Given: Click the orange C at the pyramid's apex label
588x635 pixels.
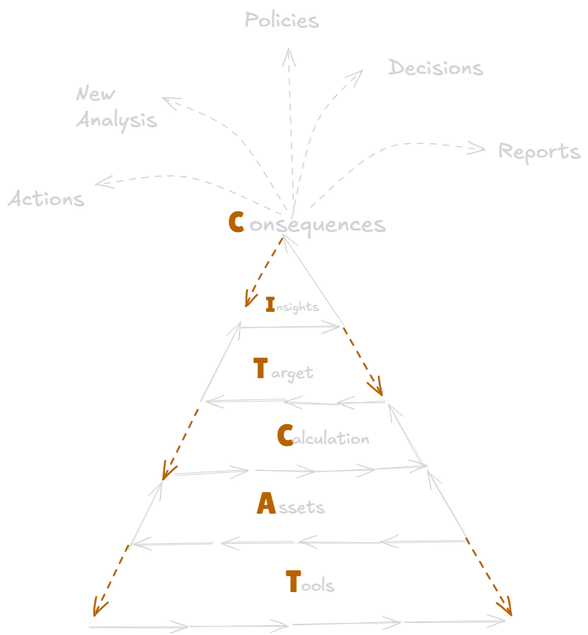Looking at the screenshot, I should (235, 223).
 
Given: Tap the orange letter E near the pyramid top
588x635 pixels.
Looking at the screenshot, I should (272, 304).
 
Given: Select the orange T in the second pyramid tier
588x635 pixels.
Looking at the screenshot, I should (260, 369).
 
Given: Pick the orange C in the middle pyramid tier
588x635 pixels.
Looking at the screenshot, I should (285, 436).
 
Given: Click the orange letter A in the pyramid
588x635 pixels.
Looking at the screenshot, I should (264, 504).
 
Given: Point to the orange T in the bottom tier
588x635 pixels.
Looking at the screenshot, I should (294, 582).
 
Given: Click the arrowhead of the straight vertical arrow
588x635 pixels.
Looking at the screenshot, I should (286, 60).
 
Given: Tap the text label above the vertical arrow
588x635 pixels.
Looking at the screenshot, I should (280, 20).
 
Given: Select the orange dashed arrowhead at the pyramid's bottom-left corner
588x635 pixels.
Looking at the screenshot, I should (96, 606).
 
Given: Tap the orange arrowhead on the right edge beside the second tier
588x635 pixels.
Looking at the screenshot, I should (377, 388).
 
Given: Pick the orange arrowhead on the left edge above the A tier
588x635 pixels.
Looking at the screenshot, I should (167, 473).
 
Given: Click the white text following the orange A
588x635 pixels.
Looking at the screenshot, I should (303, 508).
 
